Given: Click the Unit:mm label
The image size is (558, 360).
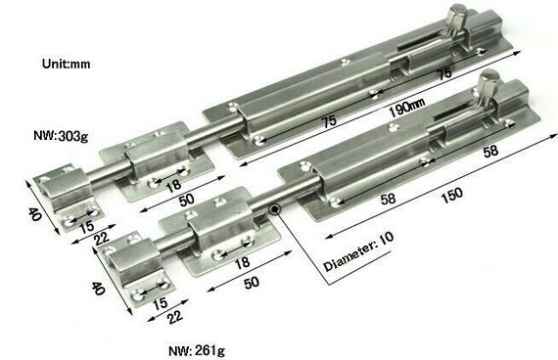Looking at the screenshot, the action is pos(67,64).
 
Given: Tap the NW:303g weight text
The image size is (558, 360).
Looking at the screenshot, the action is pos(61,136).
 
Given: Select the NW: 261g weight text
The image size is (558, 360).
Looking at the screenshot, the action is pos(197,351).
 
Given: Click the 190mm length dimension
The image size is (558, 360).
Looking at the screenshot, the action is pos(407,108).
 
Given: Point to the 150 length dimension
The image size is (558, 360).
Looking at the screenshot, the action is pos(452,195).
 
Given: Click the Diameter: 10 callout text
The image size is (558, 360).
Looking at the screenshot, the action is pos(358,251).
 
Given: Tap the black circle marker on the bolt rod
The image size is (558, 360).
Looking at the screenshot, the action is pos(275,209).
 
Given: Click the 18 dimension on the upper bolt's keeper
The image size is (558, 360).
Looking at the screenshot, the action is pos(173,185).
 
